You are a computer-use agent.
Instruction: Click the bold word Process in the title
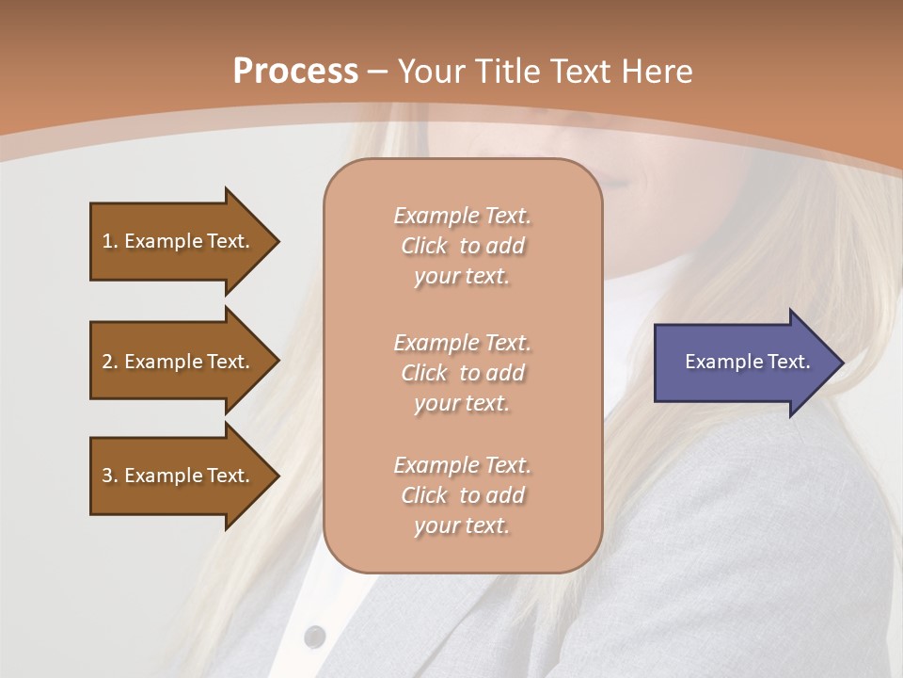295,71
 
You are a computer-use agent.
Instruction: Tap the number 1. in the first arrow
110,241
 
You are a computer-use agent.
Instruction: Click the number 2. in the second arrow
110,362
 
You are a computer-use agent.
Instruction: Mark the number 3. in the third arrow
110,476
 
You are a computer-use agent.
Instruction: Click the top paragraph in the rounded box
462,246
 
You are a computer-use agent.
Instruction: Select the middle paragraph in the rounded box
462,373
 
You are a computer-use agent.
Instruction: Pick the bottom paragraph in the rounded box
462,495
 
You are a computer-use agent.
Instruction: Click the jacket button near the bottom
314,637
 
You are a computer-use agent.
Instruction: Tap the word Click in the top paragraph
423,246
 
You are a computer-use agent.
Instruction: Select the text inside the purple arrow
747,362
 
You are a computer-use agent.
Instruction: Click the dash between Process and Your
377,72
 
